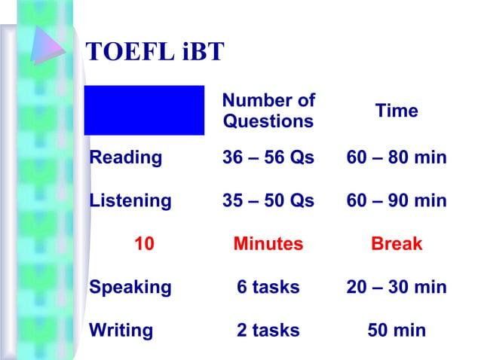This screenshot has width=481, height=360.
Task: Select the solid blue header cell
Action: [144, 110]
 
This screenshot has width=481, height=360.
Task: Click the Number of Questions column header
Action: [268, 111]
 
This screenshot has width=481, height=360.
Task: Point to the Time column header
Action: [397, 111]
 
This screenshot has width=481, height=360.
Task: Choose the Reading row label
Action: [125, 157]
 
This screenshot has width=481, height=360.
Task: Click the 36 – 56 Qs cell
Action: [268, 157]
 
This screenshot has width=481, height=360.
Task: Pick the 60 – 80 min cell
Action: [397, 157]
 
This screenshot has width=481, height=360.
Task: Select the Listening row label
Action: [130, 201]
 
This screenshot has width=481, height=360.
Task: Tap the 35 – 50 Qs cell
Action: [268, 201]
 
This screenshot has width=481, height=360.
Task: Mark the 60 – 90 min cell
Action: [397, 201]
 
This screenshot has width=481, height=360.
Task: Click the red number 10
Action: [144, 244]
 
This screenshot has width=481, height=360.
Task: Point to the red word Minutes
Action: [268, 244]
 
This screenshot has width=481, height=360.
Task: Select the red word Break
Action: [397, 244]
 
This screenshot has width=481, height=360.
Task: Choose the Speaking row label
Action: [130, 287]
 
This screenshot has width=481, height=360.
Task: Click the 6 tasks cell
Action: [268, 287]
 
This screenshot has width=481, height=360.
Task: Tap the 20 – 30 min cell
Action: [397, 287]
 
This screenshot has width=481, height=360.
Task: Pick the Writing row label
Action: [121, 330]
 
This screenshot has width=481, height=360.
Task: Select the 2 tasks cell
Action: [268, 330]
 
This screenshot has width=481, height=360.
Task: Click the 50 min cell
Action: [397, 330]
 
